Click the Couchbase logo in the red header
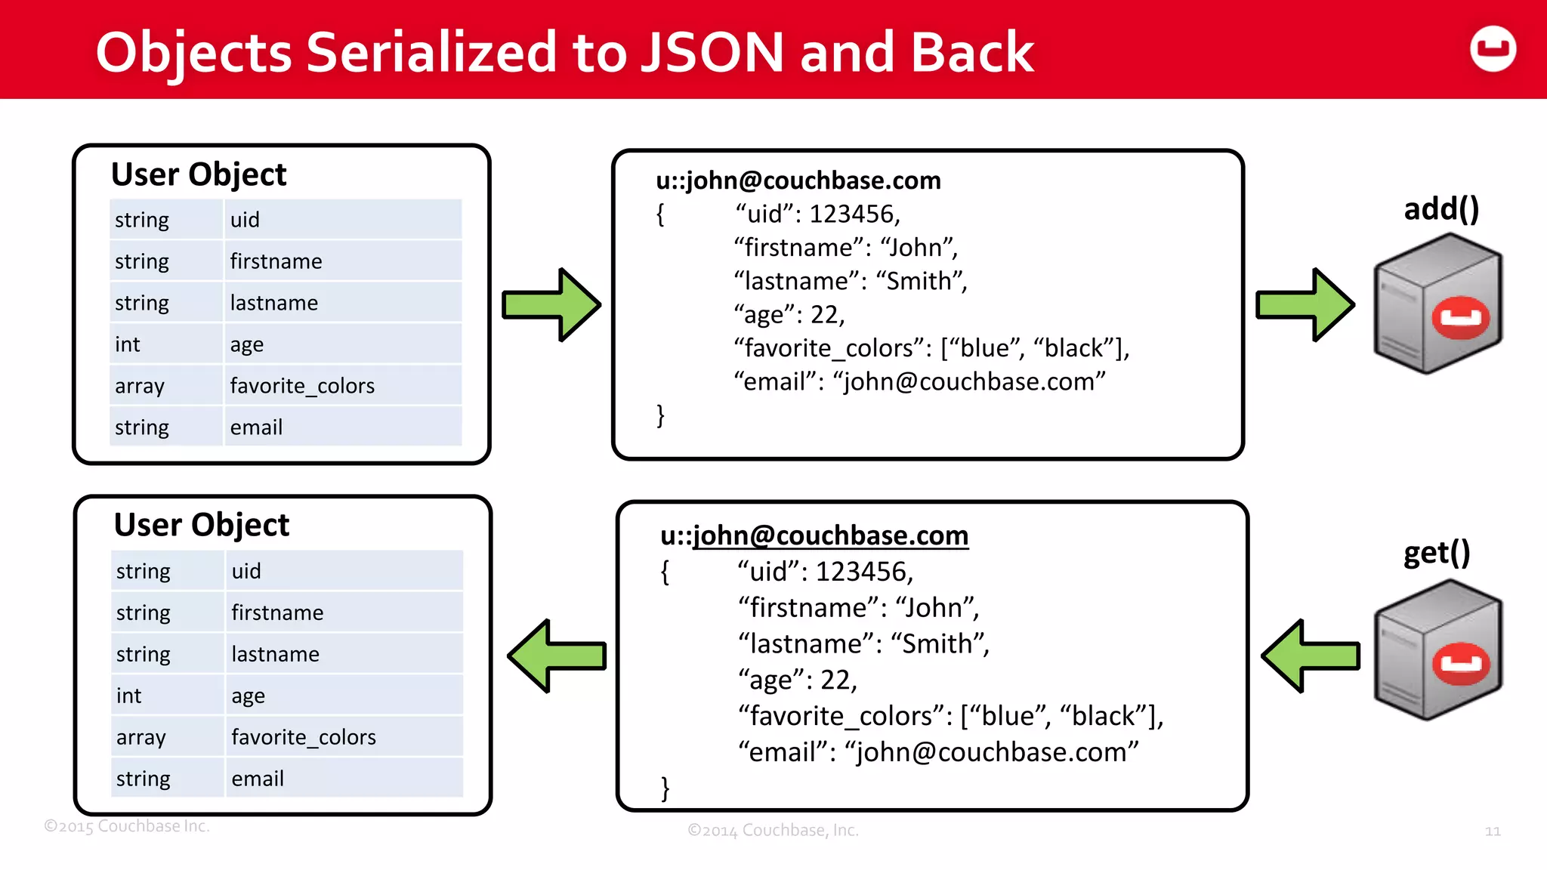click(x=1493, y=49)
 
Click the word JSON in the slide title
click(x=712, y=53)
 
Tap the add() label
click(x=1440, y=208)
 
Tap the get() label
click(x=1436, y=553)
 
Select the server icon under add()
click(x=1437, y=304)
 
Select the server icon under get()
click(x=1437, y=650)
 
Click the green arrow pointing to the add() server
click(x=1305, y=305)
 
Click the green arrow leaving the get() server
click(x=1311, y=656)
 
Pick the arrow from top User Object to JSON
click(x=551, y=305)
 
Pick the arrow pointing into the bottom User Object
click(x=557, y=656)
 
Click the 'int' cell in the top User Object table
click(x=128, y=344)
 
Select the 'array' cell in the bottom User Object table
click(x=141, y=737)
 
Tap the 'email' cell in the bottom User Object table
click(x=258, y=779)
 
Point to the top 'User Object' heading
click(x=199, y=174)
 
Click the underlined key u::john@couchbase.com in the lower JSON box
click(x=814, y=535)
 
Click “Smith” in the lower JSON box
click(x=939, y=644)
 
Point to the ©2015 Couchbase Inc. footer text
click(x=126, y=826)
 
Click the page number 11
click(x=1493, y=831)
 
